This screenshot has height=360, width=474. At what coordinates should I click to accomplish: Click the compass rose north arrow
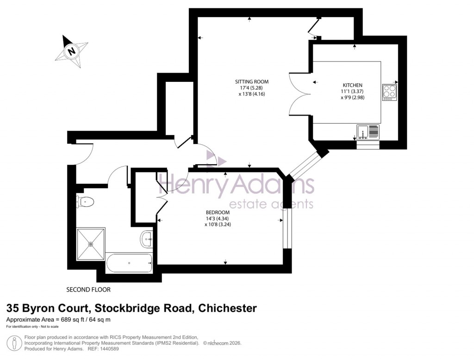coord(72,50)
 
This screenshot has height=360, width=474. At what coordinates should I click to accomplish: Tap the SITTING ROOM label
coord(251,82)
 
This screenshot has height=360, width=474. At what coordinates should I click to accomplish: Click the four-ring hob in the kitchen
coord(389,92)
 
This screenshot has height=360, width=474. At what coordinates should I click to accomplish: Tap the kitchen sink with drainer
coord(368,131)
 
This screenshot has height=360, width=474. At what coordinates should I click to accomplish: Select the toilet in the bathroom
coord(86,201)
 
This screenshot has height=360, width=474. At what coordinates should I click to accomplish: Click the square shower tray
coord(91,243)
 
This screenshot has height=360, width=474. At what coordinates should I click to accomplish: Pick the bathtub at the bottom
coord(129,263)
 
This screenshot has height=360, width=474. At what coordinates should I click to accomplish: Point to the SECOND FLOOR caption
coord(88,290)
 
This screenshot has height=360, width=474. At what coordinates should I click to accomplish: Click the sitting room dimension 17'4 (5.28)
coord(251,88)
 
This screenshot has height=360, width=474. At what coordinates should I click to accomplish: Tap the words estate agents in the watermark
coord(272,204)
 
